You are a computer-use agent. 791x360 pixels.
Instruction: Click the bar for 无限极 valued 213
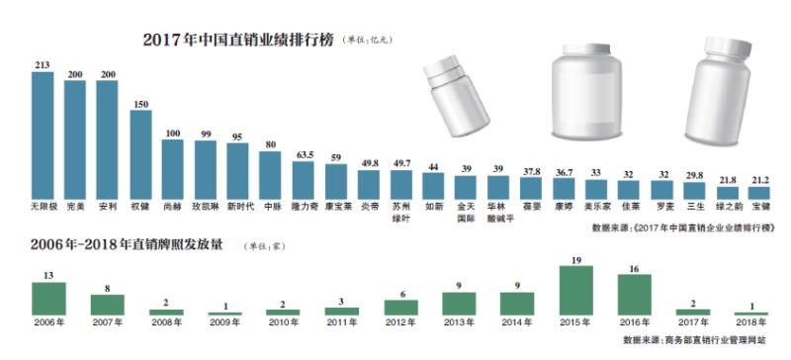point(43,136)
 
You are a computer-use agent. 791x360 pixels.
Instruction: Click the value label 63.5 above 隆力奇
point(304,154)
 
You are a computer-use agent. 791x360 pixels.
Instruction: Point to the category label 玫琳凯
point(205,209)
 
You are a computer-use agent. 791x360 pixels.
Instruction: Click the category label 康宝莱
point(336,209)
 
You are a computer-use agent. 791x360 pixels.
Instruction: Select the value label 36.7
point(565,172)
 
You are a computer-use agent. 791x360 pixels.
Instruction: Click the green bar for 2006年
point(48,299)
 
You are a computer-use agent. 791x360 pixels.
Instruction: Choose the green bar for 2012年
point(400,308)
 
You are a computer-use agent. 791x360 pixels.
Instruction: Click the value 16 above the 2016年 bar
point(635,268)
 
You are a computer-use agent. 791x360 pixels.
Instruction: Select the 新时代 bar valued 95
point(238,169)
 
